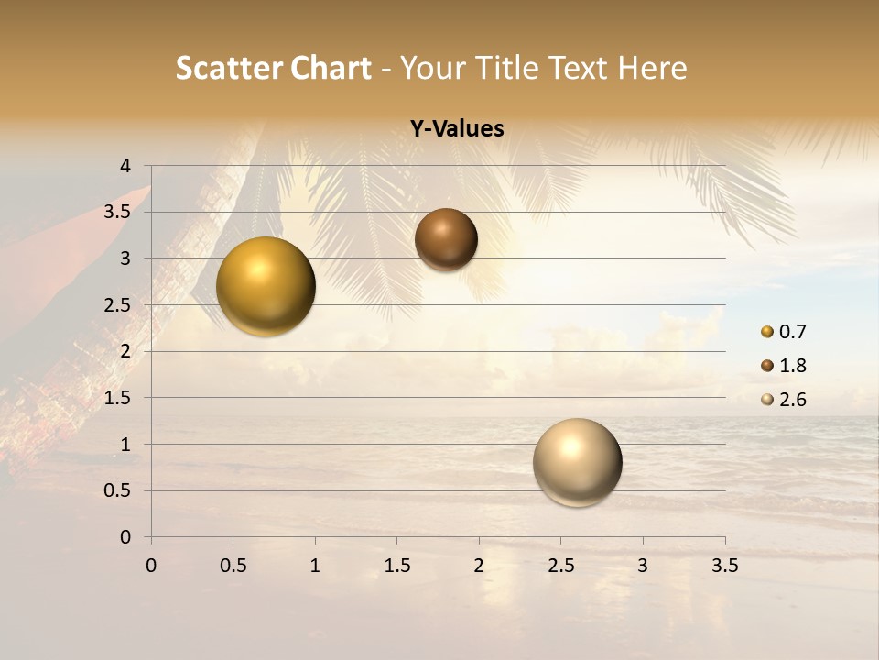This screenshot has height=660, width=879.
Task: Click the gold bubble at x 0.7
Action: (x=266, y=286)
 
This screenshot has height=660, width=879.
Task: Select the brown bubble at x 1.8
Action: (x=446, y=239)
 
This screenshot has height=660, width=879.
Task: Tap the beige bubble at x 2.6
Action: (x=577, y=462)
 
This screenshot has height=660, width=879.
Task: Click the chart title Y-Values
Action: (x=457, y=129)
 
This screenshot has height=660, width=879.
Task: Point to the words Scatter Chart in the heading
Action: (x=273, y=68)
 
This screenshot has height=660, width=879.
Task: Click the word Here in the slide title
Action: (x=652, y=68)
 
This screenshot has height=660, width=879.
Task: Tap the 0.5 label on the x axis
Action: (x=233, y=566)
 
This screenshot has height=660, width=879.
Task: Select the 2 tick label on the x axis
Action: (x=479, y=566)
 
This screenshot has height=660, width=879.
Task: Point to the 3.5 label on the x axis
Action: (x=724, y=566)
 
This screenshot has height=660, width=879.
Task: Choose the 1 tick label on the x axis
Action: (x=315, y=566)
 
